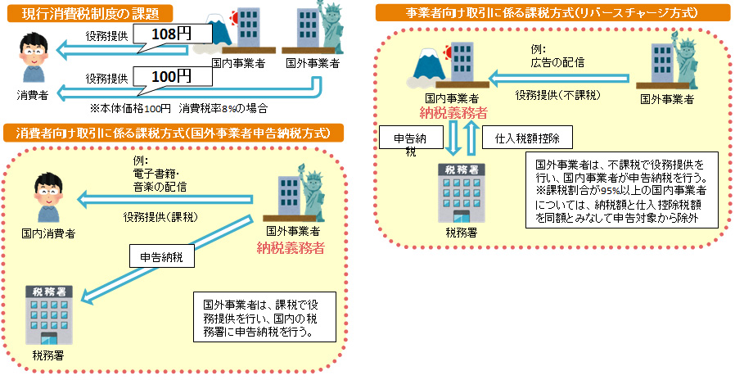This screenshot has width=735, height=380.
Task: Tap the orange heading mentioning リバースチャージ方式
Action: pos(552,13)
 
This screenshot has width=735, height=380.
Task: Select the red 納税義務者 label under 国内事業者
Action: pos(453,112)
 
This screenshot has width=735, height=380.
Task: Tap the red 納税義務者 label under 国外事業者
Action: pos(291,247)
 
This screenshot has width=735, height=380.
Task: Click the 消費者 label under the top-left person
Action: pos(33,95)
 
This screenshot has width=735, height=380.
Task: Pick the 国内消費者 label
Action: pos(48,233)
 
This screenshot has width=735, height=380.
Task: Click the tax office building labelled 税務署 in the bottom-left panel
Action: pos(48,314)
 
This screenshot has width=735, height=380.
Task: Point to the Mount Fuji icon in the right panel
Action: pos(427,63)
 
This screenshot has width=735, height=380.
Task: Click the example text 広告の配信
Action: pos(557,61)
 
